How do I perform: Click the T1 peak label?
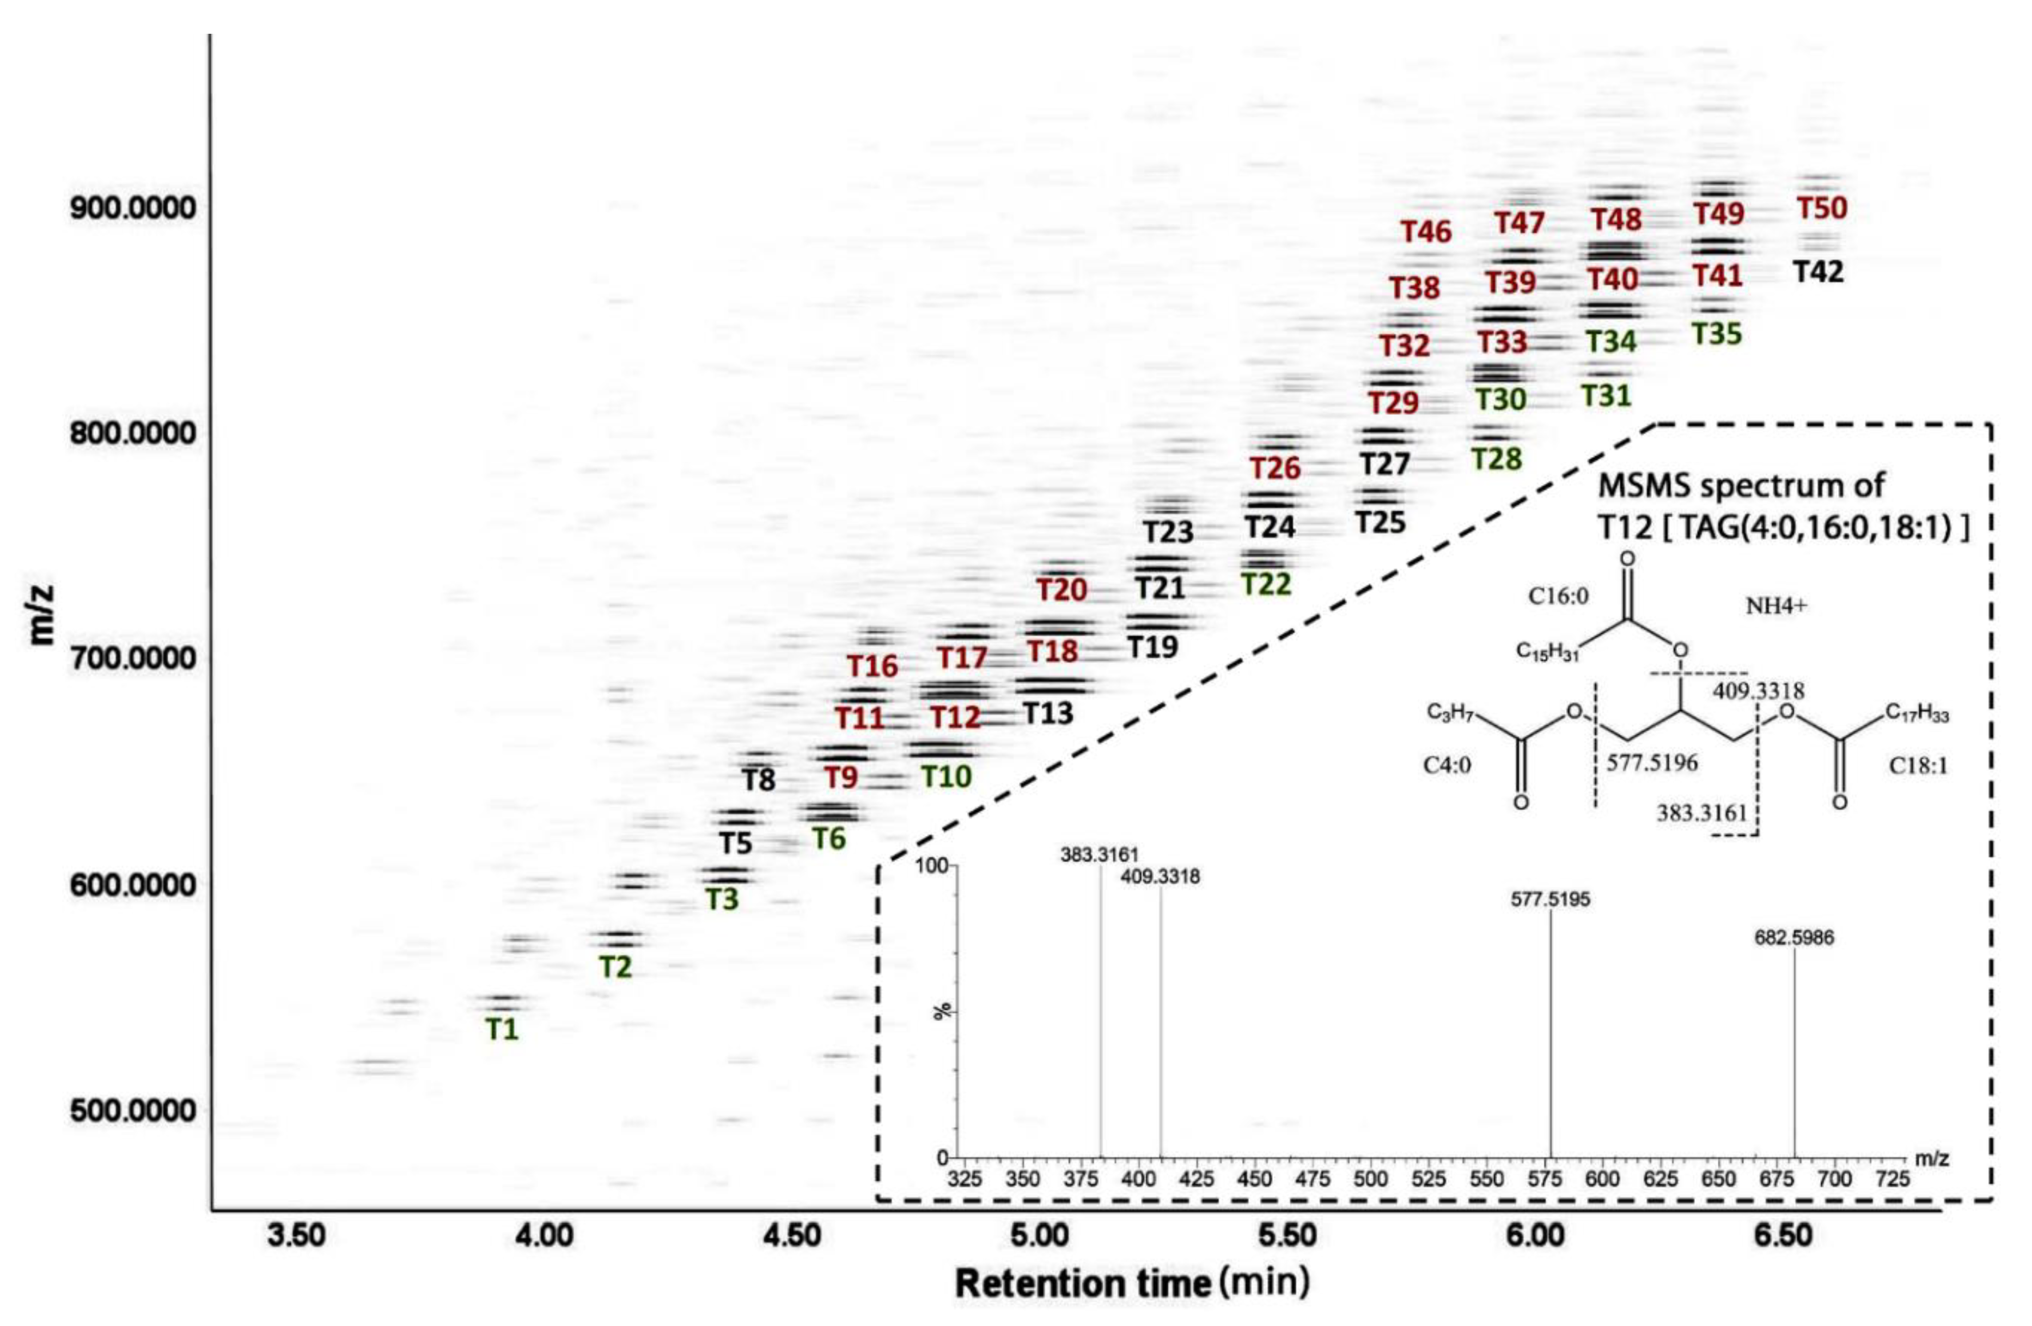click(x=502, y=1030)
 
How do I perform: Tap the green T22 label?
click(x=1266, y=584)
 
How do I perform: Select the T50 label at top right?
click(x=1822, y=209)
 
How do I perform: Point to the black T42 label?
click(x=1818, y=272)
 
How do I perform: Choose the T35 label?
click(x=1717, y=334)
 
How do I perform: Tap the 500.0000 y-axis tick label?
click(x=132, y=1111)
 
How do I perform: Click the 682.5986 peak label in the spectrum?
click(x=1794, y=938)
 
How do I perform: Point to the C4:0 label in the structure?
click(x=1447, y=766)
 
